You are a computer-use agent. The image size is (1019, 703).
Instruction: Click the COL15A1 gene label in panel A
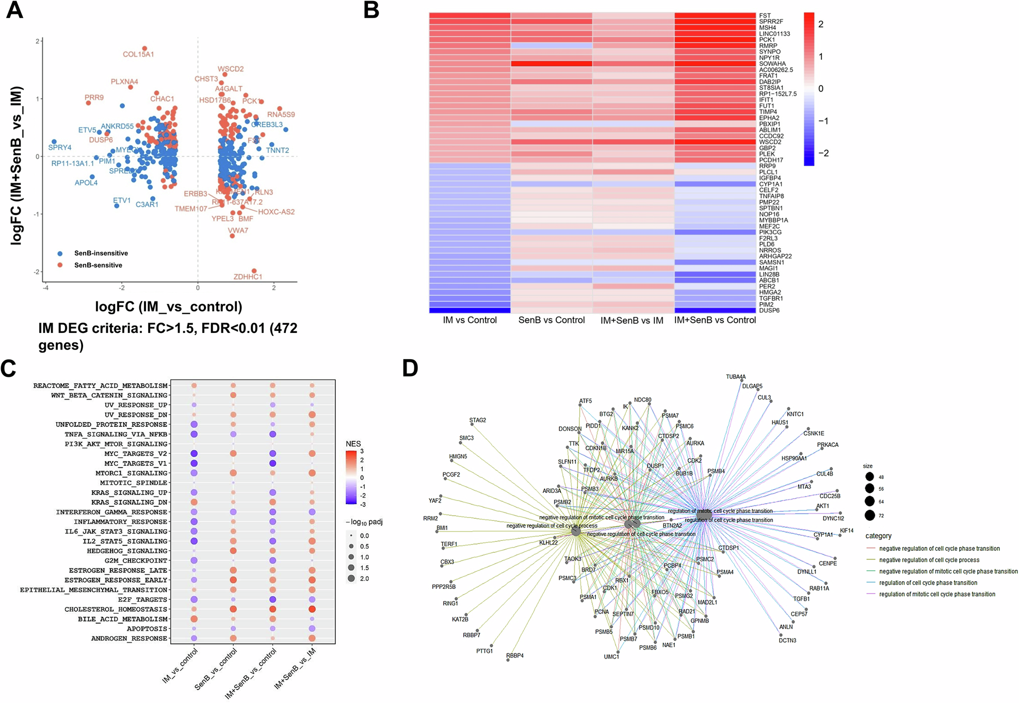point(138,54)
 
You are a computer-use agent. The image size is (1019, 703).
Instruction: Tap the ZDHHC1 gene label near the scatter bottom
point(248,277)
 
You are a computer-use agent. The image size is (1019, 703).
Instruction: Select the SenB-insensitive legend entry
point(101,253)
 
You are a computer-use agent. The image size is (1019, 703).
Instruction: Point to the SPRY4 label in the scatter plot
point(60,148)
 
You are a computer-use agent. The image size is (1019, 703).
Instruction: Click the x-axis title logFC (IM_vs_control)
point(169,307)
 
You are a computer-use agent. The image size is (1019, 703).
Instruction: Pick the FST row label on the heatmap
point(765,16)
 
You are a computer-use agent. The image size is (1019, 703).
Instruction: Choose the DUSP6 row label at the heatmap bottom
point(769,311)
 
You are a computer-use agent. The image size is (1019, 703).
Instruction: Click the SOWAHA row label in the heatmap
point(772,64)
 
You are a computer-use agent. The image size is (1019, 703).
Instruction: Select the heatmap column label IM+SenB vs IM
point(632,321)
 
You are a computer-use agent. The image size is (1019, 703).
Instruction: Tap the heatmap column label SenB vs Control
point(551,320)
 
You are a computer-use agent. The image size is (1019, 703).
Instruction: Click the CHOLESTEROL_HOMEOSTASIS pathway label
point(116,610)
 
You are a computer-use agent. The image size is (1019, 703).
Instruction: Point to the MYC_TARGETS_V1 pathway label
point(136,464)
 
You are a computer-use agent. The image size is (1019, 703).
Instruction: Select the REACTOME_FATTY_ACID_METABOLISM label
point(101,386)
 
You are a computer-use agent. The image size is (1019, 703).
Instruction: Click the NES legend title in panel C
point(353,444)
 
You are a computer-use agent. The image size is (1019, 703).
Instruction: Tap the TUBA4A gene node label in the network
point(735,377)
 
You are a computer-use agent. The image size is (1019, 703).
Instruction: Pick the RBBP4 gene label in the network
point(514,656)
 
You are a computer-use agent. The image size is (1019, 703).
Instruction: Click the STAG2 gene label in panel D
point(477,420)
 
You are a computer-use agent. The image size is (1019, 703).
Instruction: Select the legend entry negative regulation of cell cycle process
point(929,560)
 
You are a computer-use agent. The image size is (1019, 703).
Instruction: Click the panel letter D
point(410,369)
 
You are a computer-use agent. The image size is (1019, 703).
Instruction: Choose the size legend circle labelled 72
point(870,515)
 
